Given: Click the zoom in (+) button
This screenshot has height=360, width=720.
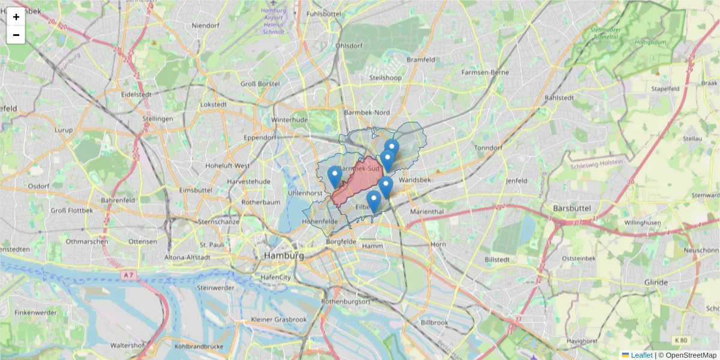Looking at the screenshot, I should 16,17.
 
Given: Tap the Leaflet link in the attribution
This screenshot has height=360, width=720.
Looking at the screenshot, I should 641,355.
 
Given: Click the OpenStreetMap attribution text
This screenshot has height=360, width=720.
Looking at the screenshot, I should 691,355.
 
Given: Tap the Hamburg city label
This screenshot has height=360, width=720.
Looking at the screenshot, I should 283,256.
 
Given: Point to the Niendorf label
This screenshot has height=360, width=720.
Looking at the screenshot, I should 206,26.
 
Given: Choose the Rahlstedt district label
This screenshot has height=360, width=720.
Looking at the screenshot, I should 559,97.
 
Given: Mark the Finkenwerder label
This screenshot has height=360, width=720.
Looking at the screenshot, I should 35,313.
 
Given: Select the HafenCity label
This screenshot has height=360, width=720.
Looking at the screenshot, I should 275,277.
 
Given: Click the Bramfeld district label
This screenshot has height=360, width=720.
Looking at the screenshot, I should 421,60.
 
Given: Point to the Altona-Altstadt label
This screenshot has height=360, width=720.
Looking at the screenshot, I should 188,257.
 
